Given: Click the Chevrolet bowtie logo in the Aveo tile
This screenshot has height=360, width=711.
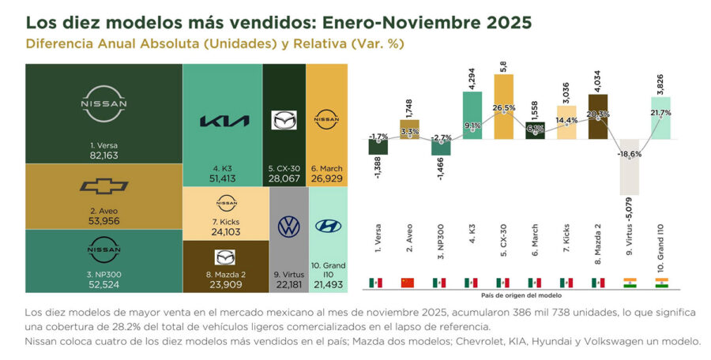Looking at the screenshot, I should coord(104,186).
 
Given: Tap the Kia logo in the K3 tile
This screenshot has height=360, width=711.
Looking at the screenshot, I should coord(224,121).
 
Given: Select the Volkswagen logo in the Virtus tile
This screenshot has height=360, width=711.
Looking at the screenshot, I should coord(289,227).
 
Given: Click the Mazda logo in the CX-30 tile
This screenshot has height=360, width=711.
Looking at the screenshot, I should coord(284,120).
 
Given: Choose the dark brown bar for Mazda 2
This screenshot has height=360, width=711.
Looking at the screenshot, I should coord(598,117).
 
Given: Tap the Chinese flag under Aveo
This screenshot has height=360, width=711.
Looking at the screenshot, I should coord(408,283).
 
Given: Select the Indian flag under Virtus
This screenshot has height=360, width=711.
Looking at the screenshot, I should coord(630,283).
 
